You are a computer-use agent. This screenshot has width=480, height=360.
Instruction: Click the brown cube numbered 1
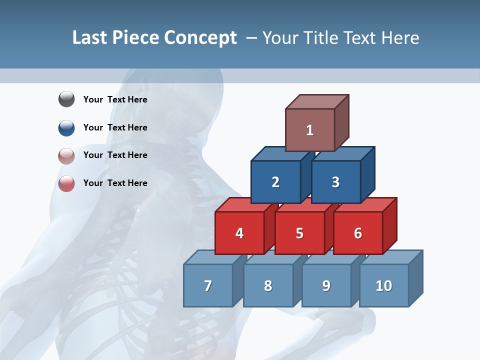tap(310, 130)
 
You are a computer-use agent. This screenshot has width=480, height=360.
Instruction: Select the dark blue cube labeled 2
tap(275, 182)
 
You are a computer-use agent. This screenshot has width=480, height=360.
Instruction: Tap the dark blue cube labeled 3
tap(335, 182)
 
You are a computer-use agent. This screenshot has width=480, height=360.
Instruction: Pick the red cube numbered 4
tap(239, 233)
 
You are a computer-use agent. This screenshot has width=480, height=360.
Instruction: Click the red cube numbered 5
tap(299, 233)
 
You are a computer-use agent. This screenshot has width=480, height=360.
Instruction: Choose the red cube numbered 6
tap(358, 233)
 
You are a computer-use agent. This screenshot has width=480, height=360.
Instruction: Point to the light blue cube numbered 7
tap(208, 285)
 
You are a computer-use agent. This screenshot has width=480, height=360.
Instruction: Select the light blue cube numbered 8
tap(268, 285)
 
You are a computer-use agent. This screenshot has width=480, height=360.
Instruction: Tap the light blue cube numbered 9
tap(326, 285)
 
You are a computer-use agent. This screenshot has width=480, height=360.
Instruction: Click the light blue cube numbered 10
tap(384, 285)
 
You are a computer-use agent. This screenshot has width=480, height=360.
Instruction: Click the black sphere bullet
tap(66, 99)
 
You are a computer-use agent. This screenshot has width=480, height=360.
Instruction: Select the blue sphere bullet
tap(66, 127)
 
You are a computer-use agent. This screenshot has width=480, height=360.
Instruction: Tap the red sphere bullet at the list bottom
tap(66, 183)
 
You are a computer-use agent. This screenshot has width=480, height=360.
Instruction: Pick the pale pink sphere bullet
tap(66, 155)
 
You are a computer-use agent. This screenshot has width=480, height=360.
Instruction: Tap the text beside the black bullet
tap(115, 99)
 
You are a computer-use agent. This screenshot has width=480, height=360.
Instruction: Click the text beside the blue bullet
tap(115, 127)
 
